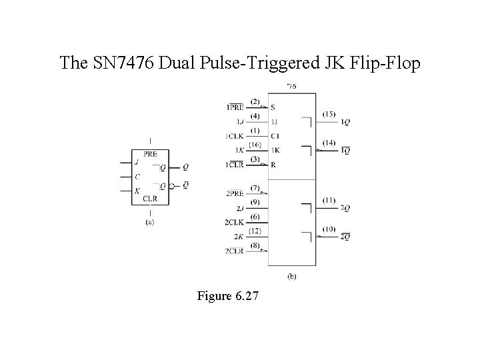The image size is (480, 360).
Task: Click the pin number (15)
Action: [329, 115]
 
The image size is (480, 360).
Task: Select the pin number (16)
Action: [255, 145]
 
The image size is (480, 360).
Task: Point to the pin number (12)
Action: [255, 231]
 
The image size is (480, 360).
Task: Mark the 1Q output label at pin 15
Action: [345, 122]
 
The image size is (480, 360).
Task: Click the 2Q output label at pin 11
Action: [345, 209]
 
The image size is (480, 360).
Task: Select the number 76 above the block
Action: [291, 87]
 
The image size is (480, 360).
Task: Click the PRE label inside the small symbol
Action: [150, 154]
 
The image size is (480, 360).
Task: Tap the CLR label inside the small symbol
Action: [150, 198]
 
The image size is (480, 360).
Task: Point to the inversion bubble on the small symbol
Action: [171, 186]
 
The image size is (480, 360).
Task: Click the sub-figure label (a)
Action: [149, 222]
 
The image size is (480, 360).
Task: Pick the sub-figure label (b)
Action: [292, 276]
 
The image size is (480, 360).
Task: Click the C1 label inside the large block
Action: [275, 136]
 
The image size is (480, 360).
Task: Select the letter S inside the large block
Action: [273, 107]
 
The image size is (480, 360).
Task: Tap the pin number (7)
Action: [255, 187]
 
